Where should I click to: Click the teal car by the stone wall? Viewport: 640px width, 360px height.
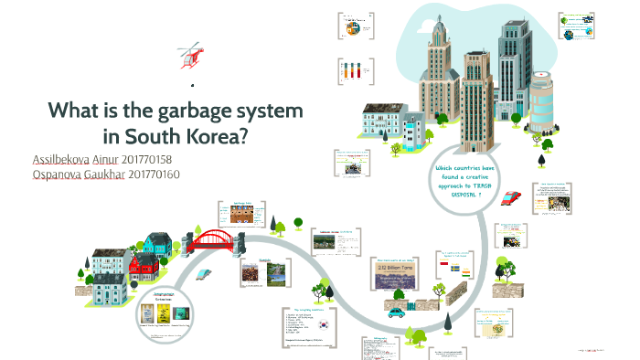point(397,312)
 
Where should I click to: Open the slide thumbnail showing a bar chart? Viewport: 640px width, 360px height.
point(352,70)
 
